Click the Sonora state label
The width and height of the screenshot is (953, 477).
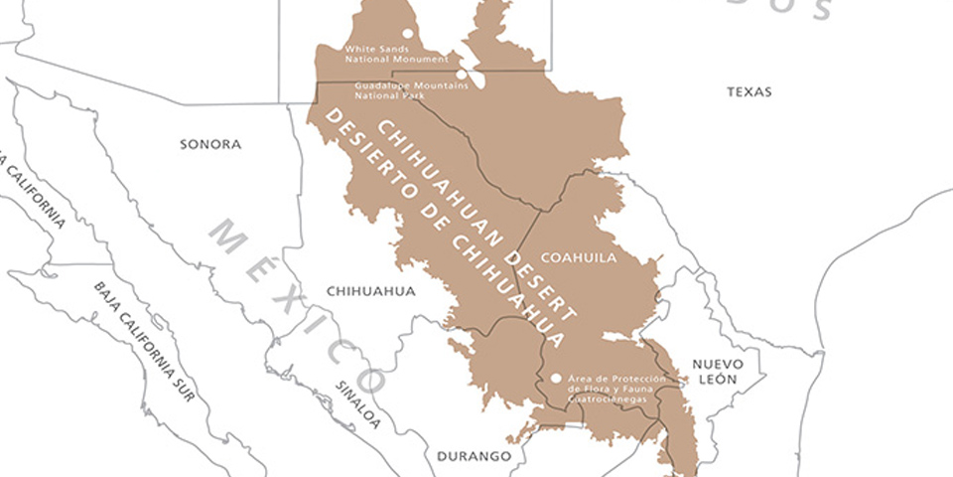click(210, 144)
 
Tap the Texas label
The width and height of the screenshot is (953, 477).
click(749, 91)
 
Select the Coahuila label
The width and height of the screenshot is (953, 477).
click(585, 257)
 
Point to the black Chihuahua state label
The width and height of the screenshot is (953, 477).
click(370, 291)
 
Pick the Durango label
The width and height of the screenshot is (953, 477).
click(474, 456)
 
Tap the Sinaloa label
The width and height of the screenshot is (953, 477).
click(357, 404)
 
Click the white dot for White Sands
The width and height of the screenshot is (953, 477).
click(407, 33)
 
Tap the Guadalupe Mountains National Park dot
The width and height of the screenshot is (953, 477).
click(461, 73)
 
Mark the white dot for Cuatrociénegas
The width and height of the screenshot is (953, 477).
click(556, 378)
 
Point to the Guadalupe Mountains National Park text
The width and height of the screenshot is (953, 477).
click(397, 90)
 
